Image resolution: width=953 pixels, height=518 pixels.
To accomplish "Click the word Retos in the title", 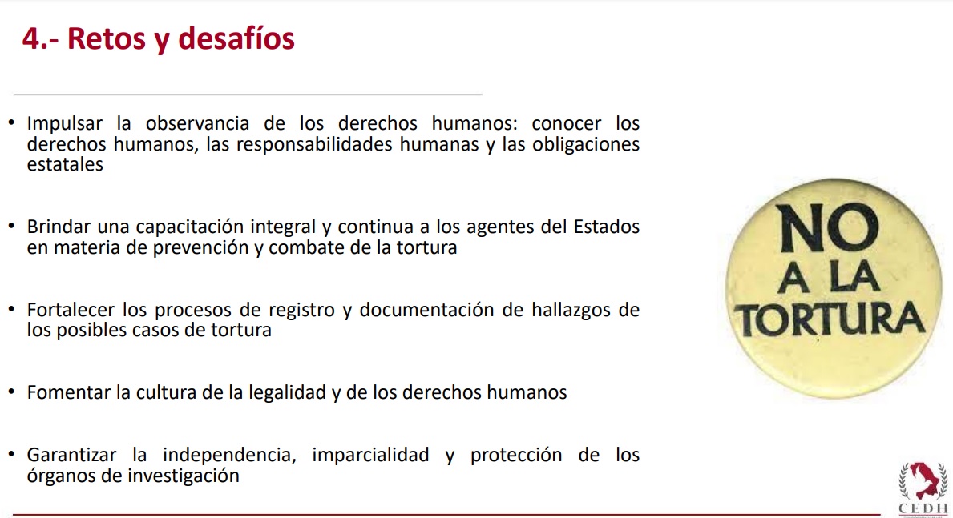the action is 107,38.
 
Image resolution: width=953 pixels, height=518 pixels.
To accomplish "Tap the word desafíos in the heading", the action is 236,38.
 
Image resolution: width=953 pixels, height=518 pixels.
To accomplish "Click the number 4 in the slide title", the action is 31,39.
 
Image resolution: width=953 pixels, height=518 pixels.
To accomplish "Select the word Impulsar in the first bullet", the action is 64,124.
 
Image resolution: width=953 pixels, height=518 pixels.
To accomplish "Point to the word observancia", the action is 197,123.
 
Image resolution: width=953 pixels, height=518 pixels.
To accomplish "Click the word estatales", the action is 65,164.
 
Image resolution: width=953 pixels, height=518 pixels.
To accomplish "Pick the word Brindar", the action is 58,227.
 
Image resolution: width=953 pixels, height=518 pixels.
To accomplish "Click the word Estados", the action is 607,227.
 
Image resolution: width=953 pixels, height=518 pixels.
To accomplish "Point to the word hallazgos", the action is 570,311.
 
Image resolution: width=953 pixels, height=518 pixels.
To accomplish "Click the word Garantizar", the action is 71,455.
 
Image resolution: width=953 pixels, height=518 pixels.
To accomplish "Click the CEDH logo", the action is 923,489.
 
